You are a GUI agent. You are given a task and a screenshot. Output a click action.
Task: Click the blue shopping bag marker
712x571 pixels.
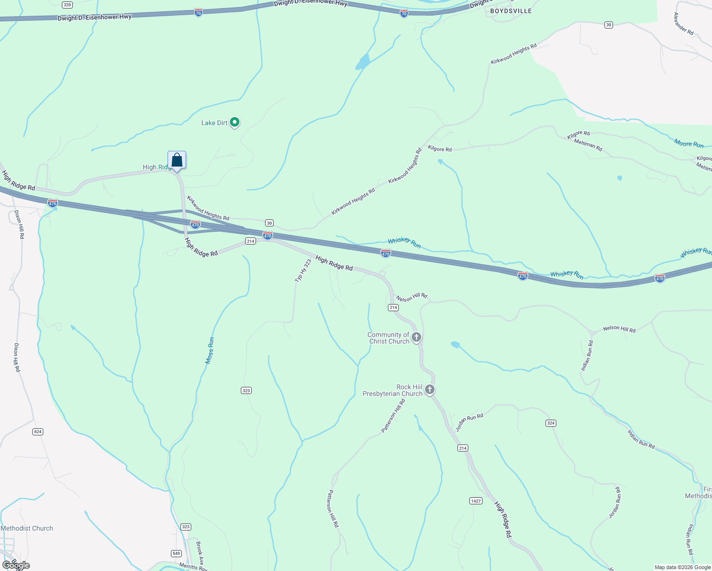[x=177, y=160]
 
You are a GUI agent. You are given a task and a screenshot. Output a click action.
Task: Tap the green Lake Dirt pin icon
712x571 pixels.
[x=234, y=122]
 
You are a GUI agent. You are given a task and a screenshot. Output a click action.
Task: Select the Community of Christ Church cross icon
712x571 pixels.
[x=416, y=337]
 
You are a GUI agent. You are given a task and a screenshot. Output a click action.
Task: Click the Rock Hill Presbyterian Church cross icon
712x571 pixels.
[x=430, y=390]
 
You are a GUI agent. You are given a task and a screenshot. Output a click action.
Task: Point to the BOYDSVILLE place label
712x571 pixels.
[x=511, y=11]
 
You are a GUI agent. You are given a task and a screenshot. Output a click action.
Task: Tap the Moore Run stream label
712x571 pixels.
[x=689, y=143]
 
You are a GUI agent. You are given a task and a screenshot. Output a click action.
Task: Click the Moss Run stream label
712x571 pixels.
[x=210, y=351]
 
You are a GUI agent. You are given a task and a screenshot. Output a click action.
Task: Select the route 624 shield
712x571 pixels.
[x=38, y=432]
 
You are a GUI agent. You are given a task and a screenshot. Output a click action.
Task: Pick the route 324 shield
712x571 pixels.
[x=551, y=423]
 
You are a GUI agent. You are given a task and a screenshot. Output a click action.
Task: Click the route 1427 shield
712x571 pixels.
[x=475, y=501]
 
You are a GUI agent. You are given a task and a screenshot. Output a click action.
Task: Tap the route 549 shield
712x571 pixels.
[x=176, y=553]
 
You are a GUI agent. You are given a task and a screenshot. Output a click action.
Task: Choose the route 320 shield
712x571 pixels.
[x=67, y=5]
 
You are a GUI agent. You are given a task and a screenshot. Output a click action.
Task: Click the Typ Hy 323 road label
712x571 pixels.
[x=303, y=271]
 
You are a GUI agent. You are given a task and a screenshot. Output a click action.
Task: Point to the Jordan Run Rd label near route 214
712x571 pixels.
[x=469, y=422]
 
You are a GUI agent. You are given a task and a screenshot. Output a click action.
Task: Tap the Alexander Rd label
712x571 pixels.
[x=683, y=23]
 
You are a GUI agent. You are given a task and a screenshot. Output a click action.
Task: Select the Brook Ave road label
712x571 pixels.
[x=200, y=551]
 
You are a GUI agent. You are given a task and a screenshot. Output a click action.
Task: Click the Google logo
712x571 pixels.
[x=16, y=565]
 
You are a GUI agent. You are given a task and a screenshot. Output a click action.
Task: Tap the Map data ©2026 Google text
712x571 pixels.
[x=682, y=567]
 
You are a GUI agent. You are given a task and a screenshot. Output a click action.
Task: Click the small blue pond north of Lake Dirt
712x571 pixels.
[x=363, y=62]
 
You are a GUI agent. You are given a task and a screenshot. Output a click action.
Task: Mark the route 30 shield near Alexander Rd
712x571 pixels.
[x=608, y=25]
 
